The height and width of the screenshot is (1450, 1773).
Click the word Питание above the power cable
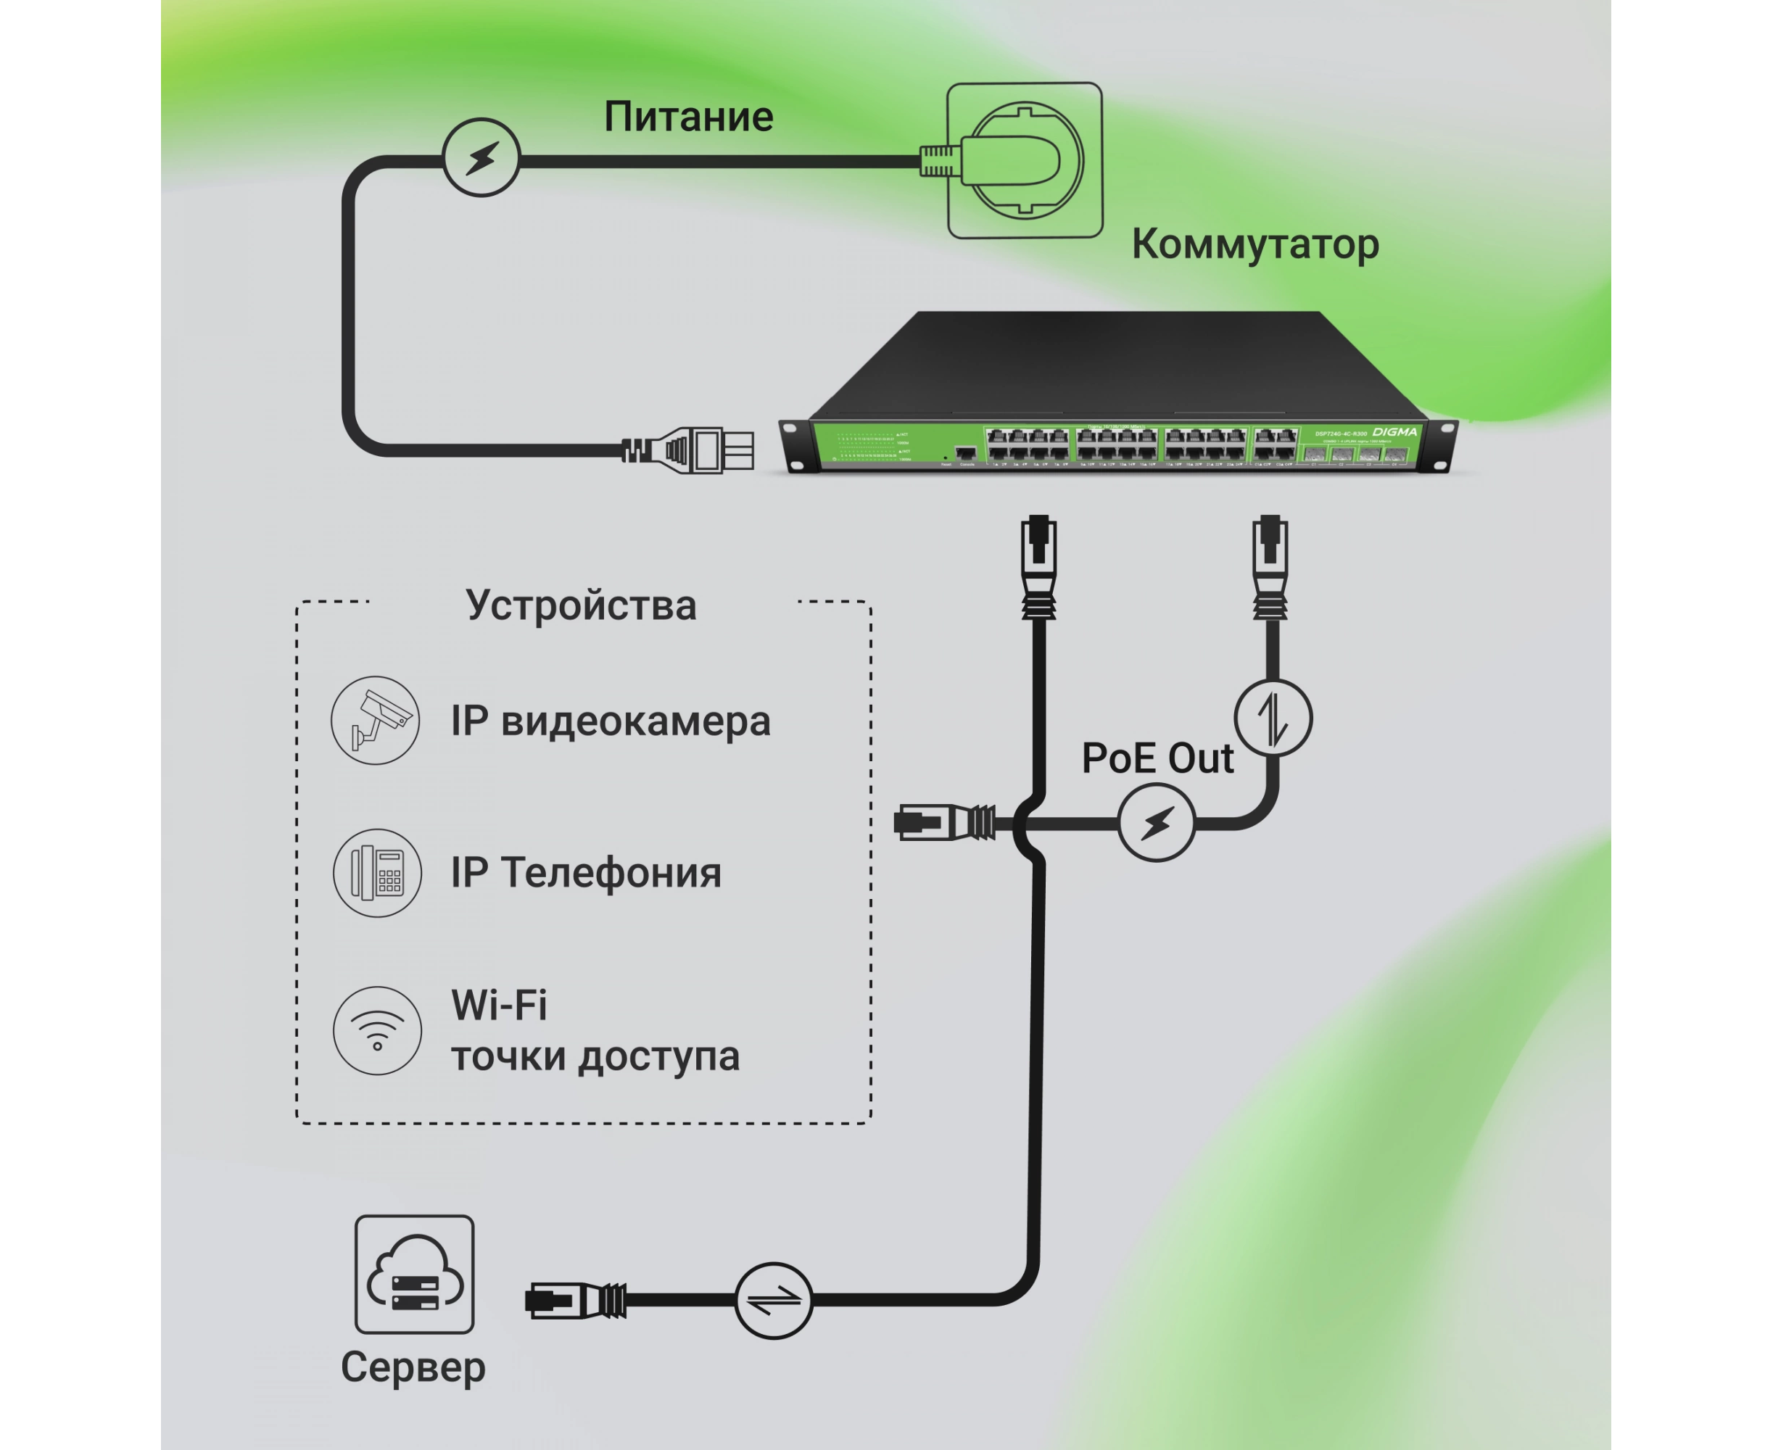tap(688, 117)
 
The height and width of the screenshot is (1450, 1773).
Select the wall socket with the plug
tap(1025, 160)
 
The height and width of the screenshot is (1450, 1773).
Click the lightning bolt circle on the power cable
tap(482, 158)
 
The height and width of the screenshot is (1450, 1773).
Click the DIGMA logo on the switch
tap(1394, 432)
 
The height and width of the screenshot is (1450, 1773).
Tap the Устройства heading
tap(581, 605)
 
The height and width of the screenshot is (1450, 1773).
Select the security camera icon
tap(375, 720)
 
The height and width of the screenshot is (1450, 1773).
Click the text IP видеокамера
tap(610, 721)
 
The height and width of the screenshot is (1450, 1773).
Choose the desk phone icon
tap(377, 873)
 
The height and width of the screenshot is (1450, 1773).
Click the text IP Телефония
tap(586, 873)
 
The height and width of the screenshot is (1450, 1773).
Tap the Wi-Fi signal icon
tap(377, 1030)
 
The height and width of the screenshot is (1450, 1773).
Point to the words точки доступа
tap(595, 1056)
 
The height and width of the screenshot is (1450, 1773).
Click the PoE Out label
tap(1157, 758)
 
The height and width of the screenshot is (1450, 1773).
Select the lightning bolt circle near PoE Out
tap(1157, 823)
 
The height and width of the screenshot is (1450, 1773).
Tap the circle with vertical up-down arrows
tap(1273, 718)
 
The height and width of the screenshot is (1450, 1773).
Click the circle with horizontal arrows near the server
tap(773, 1301)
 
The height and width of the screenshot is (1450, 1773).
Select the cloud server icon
tap(414, 1275)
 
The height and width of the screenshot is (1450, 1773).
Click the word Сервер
tap(413, 1367)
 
